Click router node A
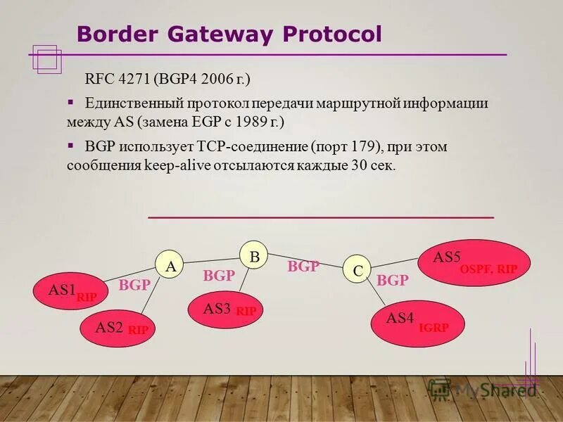coord(170,265)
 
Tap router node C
coord(357,269)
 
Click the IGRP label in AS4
coord(433,327)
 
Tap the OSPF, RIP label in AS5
coord(488,269)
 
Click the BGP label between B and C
coord(303,267)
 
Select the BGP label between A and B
coord(218,276)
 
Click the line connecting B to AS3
coord(244,283)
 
